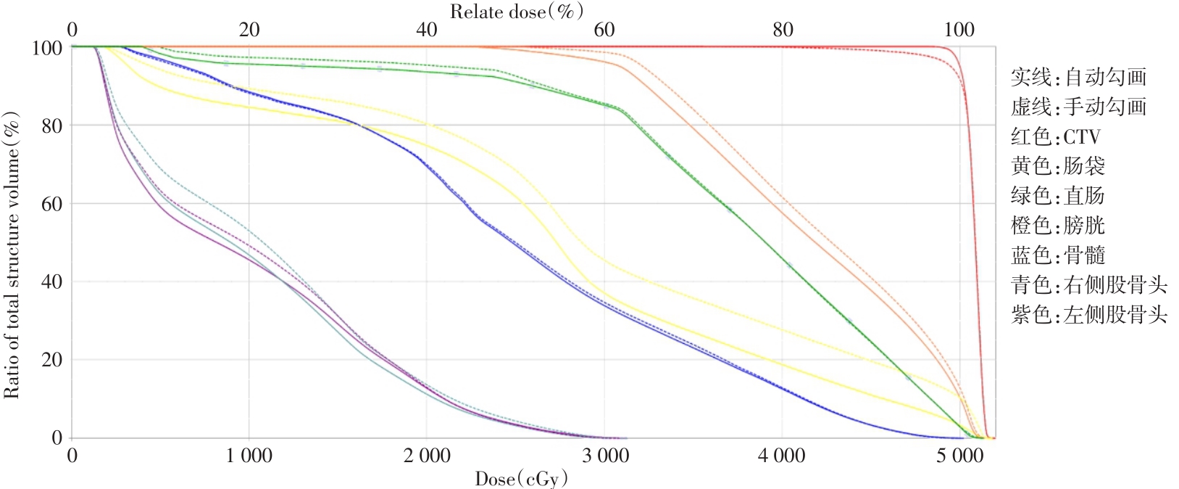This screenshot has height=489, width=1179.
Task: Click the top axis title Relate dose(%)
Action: click(516, 11)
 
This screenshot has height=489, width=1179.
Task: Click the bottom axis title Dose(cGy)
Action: click(521, 479)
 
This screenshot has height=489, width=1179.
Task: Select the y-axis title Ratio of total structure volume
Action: click(12, 255)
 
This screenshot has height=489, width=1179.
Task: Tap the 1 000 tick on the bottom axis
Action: click(249, 456)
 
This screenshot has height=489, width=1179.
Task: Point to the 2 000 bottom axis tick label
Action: click(427, 456)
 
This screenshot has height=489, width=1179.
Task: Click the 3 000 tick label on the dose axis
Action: click(605, 456)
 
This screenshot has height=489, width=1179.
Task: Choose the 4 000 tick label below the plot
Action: click(782, 456)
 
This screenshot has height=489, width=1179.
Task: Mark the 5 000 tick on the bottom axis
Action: click(959, 456)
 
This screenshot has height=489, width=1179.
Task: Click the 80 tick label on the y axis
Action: click(51, 126)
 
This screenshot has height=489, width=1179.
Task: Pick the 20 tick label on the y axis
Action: click(51, 360)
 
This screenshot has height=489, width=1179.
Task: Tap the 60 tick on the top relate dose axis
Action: click(604, 30)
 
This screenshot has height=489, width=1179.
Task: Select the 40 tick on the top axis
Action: click(427, 30)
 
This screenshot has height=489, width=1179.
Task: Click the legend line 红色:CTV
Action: click(1055, 136)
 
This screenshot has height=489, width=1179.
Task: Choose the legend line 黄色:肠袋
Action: click(1057, 166)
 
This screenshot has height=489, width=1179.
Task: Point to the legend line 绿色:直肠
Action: click(1057, 196)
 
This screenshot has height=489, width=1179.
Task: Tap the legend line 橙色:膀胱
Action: click(1057, 226)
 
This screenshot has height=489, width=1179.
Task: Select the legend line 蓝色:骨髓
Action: click(1057, 255)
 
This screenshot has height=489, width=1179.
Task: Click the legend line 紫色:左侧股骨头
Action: click(1088, 315)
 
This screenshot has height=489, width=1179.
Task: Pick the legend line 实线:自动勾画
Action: click(1078, 77)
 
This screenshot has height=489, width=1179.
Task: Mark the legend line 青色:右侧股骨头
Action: click(1088, 285)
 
